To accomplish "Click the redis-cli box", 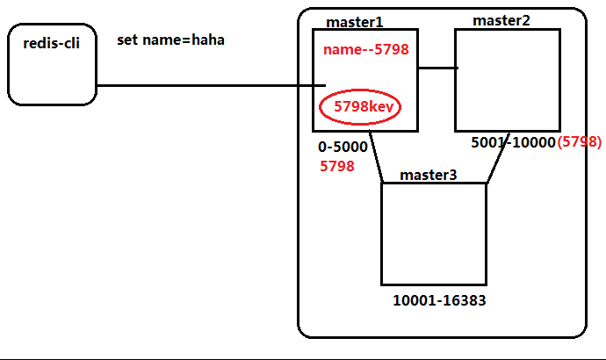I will (52, 65).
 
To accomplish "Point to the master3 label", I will (429, 175).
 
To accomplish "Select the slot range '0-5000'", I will (343, 147).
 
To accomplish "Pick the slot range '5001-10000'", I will (513, 142).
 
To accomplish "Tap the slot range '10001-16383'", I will (439, 300).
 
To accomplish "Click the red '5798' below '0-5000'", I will (337, 165).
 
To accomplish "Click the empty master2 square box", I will (507, 80).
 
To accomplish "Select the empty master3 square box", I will (434, 234).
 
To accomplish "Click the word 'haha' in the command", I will (207, 40).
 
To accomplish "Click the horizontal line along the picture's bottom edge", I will (303, 358).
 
